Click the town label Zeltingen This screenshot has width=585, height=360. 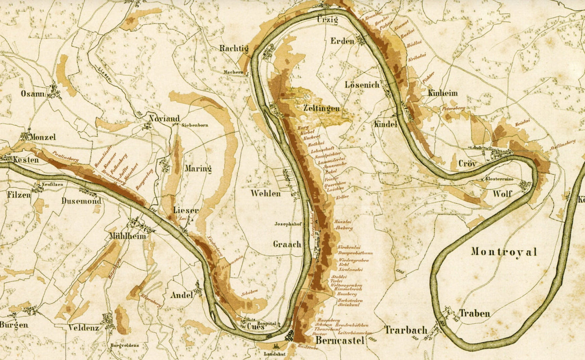321,108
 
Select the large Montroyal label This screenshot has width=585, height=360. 504,252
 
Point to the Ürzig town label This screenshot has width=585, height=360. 327,21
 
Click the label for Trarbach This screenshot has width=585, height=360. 406,330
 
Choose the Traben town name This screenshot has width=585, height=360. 475,313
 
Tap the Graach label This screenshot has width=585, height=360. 287,245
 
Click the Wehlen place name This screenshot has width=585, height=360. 266,193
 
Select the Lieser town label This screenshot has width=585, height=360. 186,211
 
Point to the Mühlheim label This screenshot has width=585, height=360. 128,236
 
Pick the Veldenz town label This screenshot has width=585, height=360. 84,328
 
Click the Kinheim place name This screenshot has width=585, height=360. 443,93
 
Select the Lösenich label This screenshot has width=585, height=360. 362,85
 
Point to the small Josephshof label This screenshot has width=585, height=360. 289,224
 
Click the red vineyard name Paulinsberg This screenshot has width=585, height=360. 66,156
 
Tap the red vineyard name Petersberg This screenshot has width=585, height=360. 453,108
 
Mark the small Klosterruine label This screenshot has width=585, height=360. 499,179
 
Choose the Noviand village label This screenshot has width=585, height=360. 164,119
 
